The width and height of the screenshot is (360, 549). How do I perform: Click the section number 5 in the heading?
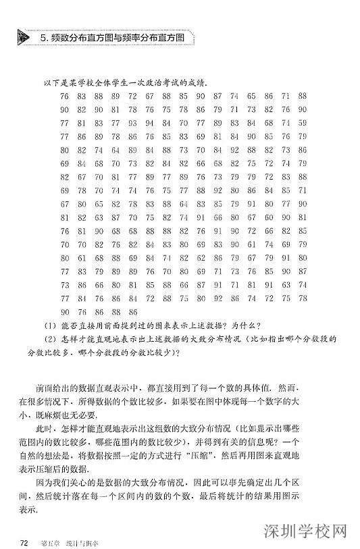(43, 38)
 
